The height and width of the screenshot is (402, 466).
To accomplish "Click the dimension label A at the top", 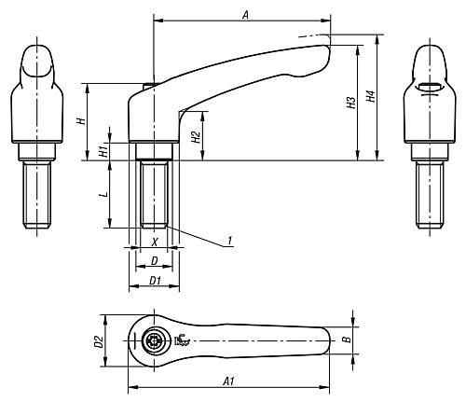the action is pos(245,15).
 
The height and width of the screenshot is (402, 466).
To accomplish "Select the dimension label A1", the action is pos(228,381).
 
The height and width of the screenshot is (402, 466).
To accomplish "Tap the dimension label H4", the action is pos(371,96).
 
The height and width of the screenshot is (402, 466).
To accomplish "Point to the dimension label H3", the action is pos(351,103).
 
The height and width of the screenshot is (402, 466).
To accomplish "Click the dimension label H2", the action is pos(196,137).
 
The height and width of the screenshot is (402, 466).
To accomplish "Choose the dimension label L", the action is pos(105,194).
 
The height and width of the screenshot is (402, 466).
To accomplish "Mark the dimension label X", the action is pos(155,243).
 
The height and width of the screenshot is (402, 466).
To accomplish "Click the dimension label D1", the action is pos(155,281).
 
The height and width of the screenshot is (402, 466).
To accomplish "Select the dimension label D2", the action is pos(99,341).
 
